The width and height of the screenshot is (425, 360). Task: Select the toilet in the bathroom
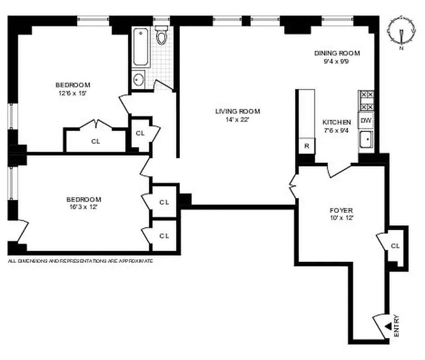(x=161, y=35)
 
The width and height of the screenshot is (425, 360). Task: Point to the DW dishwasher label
(x=366, y=121)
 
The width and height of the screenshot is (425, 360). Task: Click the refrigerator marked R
(x=307, y=146)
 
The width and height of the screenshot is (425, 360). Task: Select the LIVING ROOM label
(x=237, y=112)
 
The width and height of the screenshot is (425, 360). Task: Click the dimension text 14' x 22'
(x=237, y=120)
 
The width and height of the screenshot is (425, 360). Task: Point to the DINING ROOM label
(x=337, y=53)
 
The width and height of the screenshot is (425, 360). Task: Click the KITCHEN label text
(x=336, y=122)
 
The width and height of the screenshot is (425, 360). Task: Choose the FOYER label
(x=341, y=210)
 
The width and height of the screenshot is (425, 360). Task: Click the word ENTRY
(x=396, y=325)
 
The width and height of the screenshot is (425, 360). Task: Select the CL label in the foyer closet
(x=395, y=246)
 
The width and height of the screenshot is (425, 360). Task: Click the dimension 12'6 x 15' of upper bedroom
(x=73, y=93)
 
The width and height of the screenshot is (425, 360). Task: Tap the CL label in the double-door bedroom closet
(x=95, y=141)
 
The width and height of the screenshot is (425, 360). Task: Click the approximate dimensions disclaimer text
(x=81, y=261)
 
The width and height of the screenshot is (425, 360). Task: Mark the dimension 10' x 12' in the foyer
(x=341, y=218)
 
